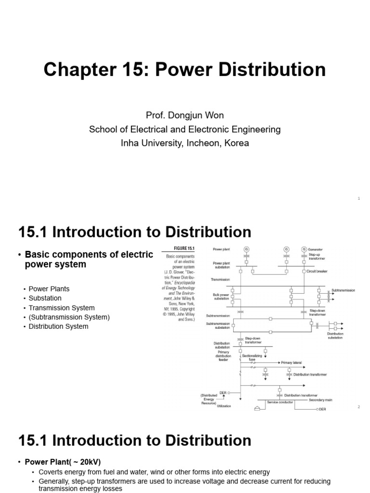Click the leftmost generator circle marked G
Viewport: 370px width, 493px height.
click(247, 249)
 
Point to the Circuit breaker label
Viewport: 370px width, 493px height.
click(317, 271)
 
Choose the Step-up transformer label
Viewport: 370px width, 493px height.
click(317, 256)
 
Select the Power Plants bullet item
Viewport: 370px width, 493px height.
click(49, 289)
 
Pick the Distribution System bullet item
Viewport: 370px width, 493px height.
click(58, 326)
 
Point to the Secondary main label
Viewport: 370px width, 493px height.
click(321, 399)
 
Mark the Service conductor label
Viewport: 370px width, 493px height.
click(280, 402)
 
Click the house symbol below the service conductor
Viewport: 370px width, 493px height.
click(257, 409)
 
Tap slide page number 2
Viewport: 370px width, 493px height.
click(358, 407)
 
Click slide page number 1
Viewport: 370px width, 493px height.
click(359, 198)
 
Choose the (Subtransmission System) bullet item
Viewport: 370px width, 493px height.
click(69, 317)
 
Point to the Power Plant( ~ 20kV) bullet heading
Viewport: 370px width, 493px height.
click(62, 462)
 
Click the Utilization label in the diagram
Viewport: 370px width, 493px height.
click(224, 406)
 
